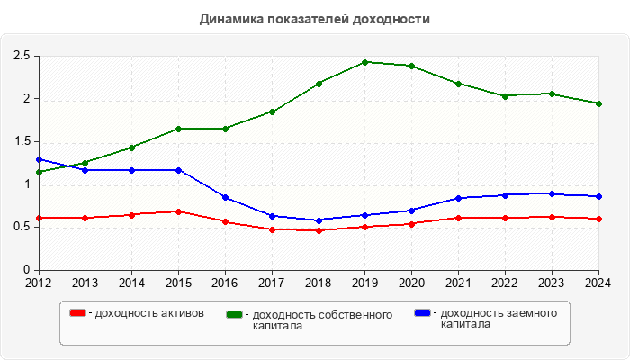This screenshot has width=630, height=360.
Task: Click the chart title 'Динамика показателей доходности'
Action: click(314, 18)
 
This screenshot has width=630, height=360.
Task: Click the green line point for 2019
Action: click(365, 62)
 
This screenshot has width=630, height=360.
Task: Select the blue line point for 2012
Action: click(39, 159)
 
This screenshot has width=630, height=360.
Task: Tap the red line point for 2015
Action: click(178, 211)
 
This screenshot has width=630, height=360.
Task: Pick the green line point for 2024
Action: click(598, 103)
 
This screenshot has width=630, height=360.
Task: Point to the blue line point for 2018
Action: click(319, 220)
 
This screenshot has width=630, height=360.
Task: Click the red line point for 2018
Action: click(319, 230)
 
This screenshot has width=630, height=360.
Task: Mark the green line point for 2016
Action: click(225, 129)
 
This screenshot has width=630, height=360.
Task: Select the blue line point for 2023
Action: click(552, 193)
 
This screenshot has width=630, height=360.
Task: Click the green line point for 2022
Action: click(505, 96)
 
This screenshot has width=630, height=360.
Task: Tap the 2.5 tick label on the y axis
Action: click(22, 57)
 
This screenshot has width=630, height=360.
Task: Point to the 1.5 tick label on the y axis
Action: click(22, 142)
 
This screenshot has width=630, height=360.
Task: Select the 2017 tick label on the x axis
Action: click(272, 283)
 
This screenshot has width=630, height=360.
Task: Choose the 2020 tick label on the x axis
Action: click(411, 283)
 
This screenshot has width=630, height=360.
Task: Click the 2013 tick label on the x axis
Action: click(85, 283)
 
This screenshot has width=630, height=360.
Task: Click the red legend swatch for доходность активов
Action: click(78, 313)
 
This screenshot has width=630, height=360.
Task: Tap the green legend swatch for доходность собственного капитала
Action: click(236, 314)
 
